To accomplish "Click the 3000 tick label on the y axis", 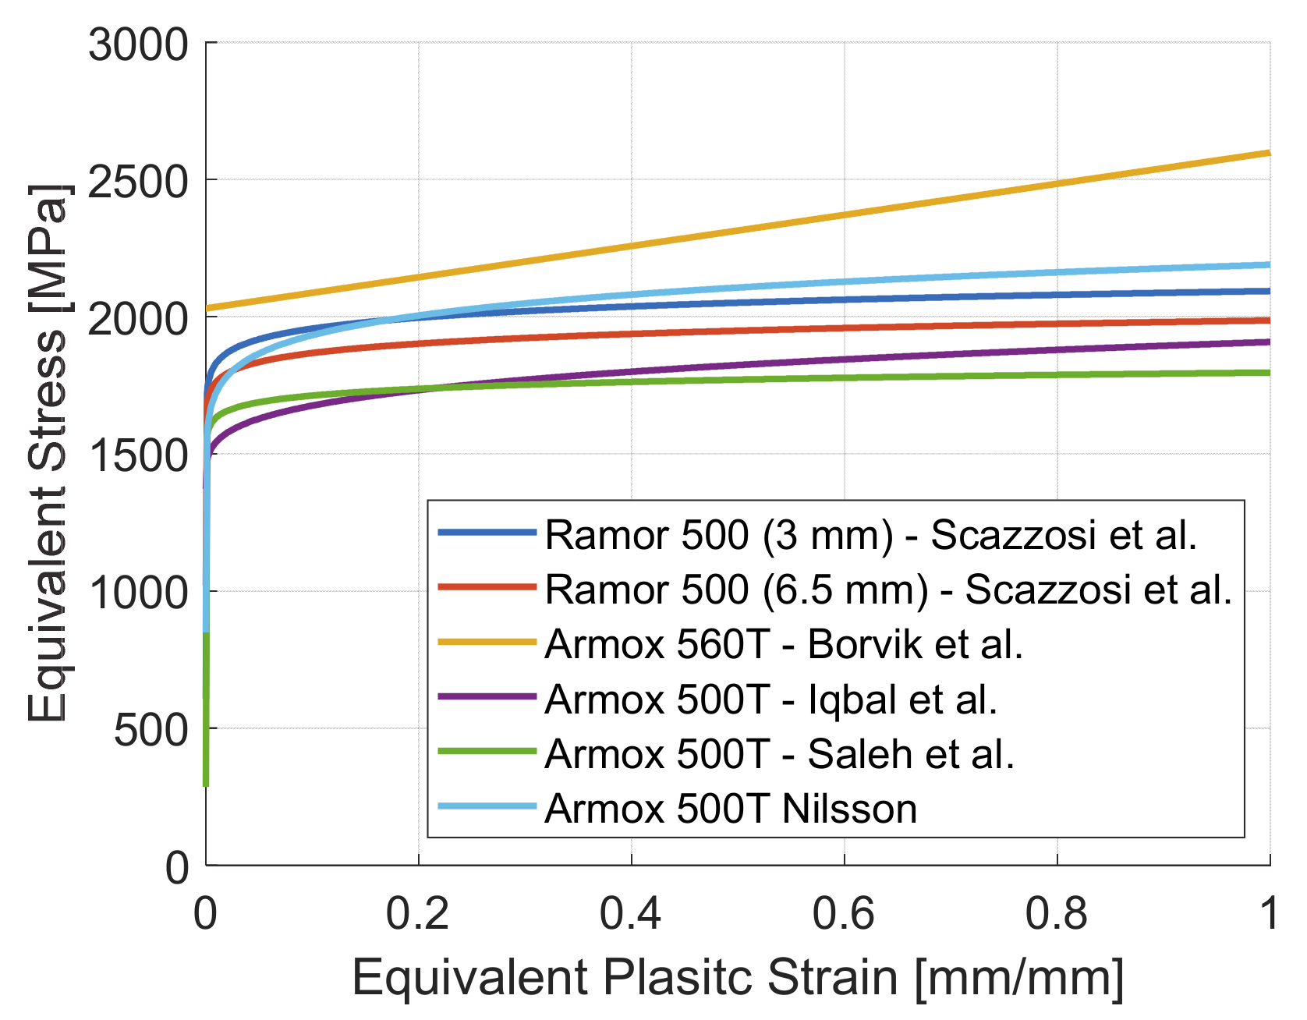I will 138,44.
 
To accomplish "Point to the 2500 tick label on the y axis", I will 138,182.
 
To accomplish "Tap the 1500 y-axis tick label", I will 138,455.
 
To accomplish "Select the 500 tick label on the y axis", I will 151,730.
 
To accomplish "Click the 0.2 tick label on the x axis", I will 418,912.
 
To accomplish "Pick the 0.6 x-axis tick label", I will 844,912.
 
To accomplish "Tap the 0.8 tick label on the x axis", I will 1057,912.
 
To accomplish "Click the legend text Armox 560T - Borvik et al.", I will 784,644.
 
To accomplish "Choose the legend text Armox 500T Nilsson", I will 731,809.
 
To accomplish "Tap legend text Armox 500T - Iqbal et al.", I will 771,699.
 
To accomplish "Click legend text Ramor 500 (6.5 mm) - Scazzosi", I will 888,589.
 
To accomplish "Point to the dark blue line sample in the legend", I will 487,533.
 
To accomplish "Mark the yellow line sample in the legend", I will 487,643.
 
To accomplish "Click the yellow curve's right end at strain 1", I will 1269,153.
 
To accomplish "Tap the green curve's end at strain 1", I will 1269,373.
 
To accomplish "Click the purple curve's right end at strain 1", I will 1269,342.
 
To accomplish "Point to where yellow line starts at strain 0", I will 207,309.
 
